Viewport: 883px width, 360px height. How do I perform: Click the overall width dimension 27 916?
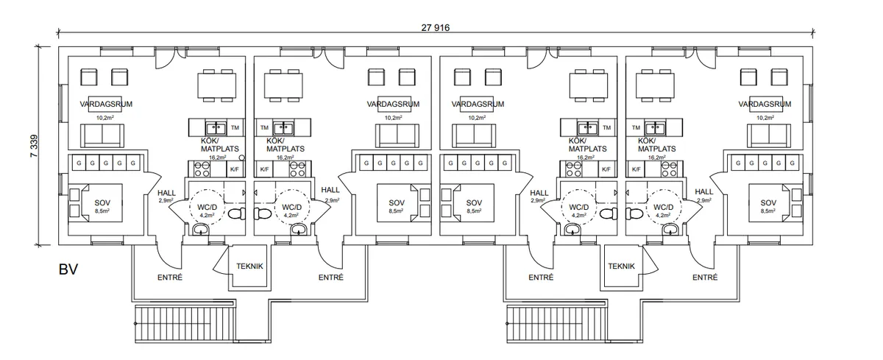pyautogui.click(x=436, y=27)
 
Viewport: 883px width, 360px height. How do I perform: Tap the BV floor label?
pyautogui.click(x=68, y=269)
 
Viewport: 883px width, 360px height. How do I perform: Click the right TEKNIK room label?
pyautogui.click(x=622, y=268)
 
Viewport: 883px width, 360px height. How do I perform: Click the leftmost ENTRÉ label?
pyautogui.click(x=170, y=278)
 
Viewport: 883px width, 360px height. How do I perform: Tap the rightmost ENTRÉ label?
pyautogui.click(x=705, y=278)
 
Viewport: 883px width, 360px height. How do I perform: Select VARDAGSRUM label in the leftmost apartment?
pyautogui.click(x=106, y=105)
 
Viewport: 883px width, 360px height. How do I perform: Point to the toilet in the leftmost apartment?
pyautogui.click(x=235, y=213)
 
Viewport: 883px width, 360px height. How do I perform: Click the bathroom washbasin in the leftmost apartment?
pyautogui.click(x=200, y=230)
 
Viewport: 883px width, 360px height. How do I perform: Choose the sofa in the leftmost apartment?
pyautogui.click(x=103, y=135)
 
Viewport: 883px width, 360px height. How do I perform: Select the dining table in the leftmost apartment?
pyautogui.click(x=216, y=85)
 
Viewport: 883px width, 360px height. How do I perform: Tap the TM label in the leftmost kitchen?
pyautogui.click(x=235, y=127)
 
